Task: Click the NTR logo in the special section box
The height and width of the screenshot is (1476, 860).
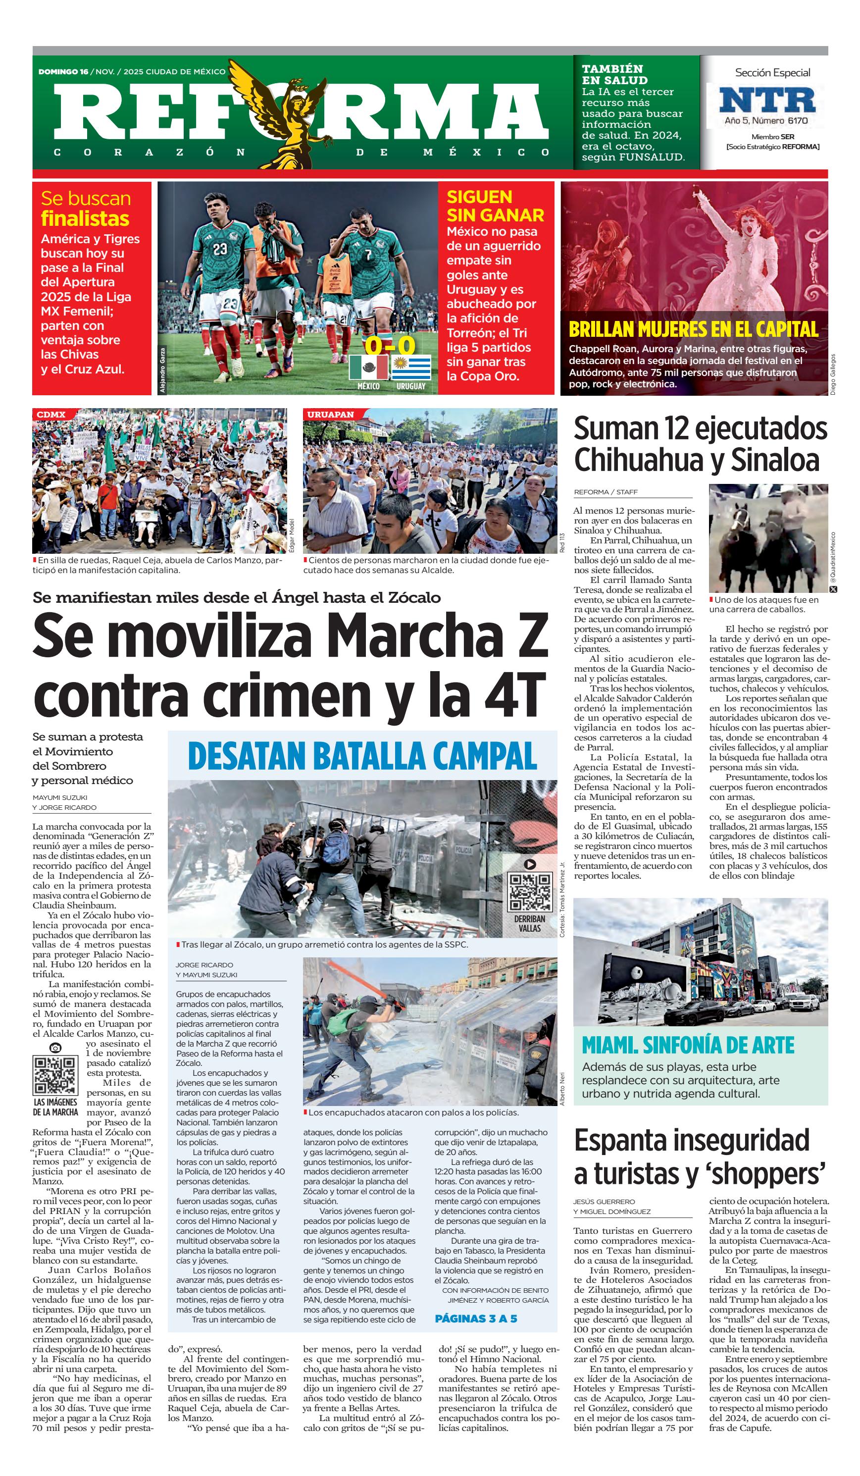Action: pos(767,100)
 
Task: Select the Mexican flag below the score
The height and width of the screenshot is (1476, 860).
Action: pos(368,368)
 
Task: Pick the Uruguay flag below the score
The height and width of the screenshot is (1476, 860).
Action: pos(411,368)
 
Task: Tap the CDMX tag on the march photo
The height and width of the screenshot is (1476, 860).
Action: pos(51,414)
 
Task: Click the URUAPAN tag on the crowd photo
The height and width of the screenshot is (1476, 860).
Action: pos(330,414)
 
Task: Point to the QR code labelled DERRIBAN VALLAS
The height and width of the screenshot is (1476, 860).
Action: pos(530,892)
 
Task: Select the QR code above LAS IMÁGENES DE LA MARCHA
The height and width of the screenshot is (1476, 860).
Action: pos(55,1075)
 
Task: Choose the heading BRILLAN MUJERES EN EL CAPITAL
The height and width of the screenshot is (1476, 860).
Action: pos(693,329)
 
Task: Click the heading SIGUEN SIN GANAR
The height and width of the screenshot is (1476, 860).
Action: pos(495,206)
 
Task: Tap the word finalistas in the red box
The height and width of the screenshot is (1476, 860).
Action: pos(85,218)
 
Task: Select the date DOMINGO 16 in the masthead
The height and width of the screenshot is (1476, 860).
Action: pos(63,71)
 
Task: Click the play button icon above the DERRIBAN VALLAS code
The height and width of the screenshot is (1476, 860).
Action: pos(530,864)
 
